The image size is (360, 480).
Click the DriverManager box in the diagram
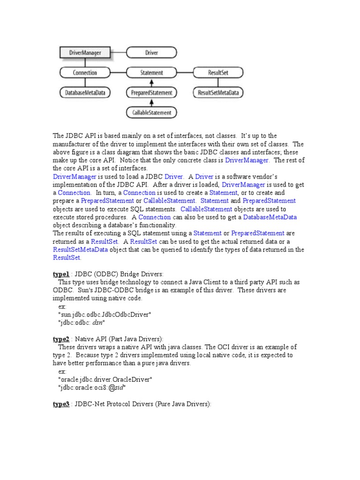[85, 53]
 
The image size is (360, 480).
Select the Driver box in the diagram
[151, 53]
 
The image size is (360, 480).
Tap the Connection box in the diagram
[85, 73]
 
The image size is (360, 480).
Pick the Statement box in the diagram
[151, 73]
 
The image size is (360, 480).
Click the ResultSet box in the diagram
[218, 73]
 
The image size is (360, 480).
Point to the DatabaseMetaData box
[85, 93]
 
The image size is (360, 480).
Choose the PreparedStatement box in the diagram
[151, 93]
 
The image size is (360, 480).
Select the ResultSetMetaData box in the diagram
[218, 93]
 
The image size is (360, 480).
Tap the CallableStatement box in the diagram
[151, 112]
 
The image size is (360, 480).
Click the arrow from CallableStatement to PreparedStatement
[151, 103]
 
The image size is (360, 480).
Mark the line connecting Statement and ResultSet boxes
[185, 73]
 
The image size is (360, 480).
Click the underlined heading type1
[61, 273]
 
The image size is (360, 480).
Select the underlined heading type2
[61, 339]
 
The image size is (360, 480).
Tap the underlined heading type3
[61, 404]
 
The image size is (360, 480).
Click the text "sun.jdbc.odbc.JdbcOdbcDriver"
[105, 314]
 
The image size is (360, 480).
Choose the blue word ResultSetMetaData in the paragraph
[81, 249]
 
